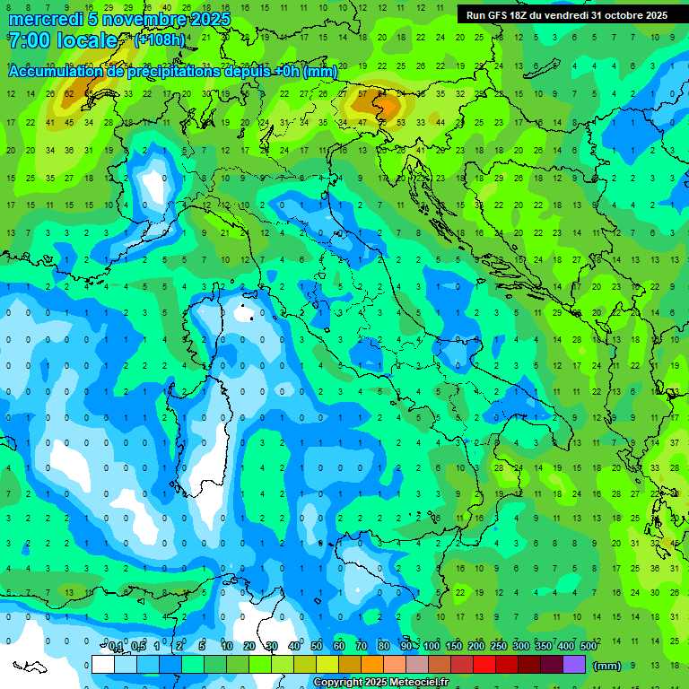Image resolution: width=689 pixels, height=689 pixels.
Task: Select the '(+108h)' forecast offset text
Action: [x=160, y=40]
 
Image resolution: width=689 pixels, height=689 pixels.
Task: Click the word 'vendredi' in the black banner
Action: [x=568, y=15]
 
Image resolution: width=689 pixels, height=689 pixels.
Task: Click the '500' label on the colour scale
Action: [x=589, y=647]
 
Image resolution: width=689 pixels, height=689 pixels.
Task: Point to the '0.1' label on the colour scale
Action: [x=116, y=647]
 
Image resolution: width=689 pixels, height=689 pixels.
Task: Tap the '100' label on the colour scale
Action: [x=432, y=647]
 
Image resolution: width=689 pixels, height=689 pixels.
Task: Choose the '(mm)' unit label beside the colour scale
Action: [x=607, y=666]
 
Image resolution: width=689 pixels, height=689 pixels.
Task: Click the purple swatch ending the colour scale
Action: [x=574, y=665]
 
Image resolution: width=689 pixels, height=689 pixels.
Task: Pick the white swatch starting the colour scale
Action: [x=103, y=665]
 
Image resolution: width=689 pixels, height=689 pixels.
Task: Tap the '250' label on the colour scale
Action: [x=499, y=647]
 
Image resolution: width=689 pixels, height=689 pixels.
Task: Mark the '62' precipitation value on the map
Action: [x=69, y=93]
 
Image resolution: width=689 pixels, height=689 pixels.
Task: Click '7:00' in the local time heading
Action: [x=28, y=40]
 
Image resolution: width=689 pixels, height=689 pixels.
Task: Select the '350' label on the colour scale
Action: [x=544, y=647]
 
